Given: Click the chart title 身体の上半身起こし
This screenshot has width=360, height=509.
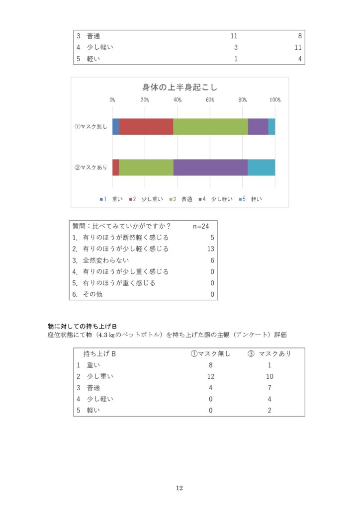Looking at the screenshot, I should [x=180, y=87].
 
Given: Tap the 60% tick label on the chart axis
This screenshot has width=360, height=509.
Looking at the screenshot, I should [x=210, y=100].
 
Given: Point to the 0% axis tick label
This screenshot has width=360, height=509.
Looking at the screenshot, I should [x=113, y=100].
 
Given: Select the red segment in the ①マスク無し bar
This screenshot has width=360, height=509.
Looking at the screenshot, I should [x=146, y=127].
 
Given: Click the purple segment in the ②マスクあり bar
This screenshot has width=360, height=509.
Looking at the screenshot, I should [x=210, y=168].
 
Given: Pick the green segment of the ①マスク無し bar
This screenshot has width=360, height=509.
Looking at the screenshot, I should [x=210, y=127].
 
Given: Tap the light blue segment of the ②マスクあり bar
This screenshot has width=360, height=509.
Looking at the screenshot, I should [x=262, y=168].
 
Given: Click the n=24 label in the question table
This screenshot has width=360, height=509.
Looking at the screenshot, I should [x=201, y=226].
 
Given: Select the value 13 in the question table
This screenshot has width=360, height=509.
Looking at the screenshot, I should [x=211, y=249].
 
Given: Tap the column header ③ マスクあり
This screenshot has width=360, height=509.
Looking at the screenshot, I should [x=269, y=354].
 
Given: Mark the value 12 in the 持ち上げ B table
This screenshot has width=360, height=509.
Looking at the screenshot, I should [x=211, y=377].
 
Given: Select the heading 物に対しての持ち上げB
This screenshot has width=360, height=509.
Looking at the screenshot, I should [x=82, y=326].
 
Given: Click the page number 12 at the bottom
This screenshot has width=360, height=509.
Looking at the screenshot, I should [x=180, y=488].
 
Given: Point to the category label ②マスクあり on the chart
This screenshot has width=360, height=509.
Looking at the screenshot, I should [x=91, y=168].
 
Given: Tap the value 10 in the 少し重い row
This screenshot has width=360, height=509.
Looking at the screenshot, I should [x=270, y=377].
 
